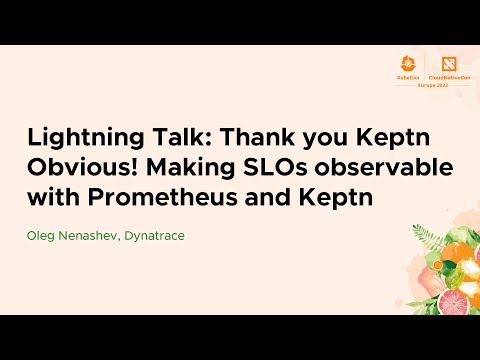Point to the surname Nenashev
point(90,236)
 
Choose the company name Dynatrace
point(155,236)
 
